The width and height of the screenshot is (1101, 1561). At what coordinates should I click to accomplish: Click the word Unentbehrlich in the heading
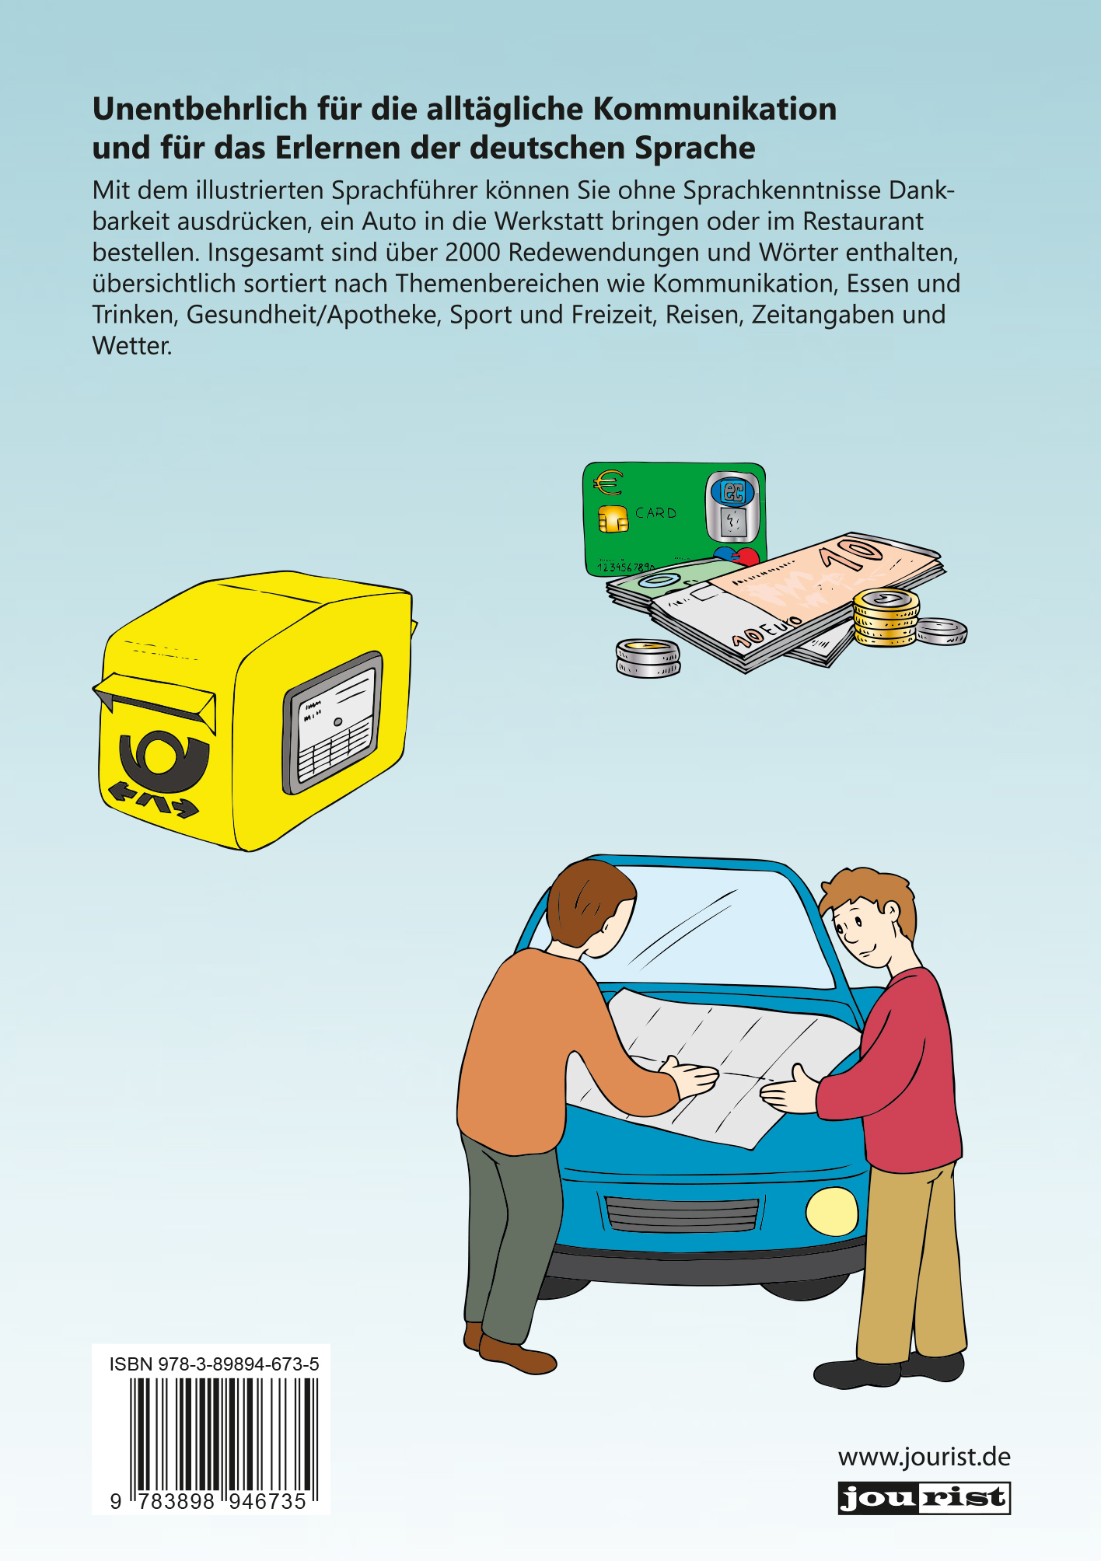click(200, 109)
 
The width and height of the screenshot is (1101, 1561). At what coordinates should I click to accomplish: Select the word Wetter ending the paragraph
click(131, 346)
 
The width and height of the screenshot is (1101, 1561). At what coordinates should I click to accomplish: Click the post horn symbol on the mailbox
click(164, 761)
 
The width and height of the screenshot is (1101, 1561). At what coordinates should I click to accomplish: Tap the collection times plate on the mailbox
click(333, 722)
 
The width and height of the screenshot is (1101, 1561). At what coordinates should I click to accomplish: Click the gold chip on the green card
click(613, 519)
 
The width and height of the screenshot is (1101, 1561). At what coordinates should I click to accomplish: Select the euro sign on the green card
click(608, 483)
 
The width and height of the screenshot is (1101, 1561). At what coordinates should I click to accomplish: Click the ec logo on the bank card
click(732, 491)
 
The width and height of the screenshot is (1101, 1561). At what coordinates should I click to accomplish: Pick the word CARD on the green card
click(655, 513)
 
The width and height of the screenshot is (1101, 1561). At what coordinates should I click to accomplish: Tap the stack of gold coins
click(886, 618)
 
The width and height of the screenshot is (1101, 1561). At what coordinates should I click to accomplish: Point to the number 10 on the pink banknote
click(853, 554)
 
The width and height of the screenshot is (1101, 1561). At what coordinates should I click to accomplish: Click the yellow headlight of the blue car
click(833, 1211)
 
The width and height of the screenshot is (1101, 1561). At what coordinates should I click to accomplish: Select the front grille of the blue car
click(681, 1214)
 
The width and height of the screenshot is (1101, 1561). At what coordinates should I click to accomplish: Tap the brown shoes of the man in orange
click(510, 1353)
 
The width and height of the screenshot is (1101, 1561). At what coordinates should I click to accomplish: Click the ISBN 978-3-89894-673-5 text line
click(215, 1364)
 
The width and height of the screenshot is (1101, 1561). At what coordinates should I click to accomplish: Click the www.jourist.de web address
click(924, 1456)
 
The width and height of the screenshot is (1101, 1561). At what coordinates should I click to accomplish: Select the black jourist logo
click(924, 1498)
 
